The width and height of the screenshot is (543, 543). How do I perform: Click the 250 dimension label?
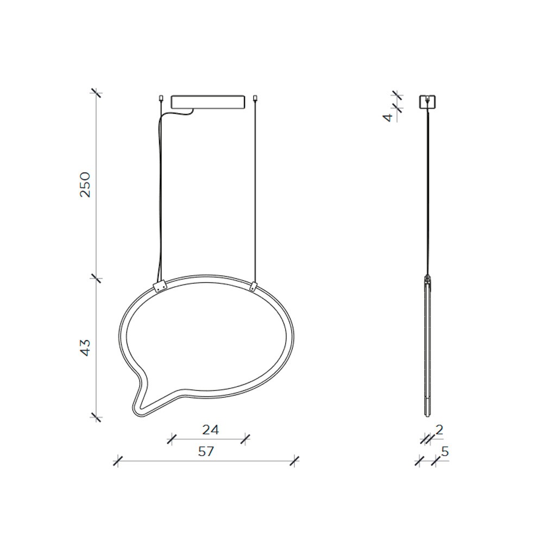pos(85,185)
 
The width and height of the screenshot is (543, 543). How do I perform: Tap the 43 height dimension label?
pos(85,348)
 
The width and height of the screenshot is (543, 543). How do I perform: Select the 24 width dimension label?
pos(211,430)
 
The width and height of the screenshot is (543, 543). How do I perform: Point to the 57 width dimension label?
pos(206,452)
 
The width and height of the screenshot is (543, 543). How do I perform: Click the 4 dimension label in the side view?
pos(389,117)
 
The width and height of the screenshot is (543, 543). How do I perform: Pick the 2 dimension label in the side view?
pos(439,430)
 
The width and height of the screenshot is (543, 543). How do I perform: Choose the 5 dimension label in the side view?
pos(445,452)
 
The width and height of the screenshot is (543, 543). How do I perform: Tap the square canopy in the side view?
pos(428,102)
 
